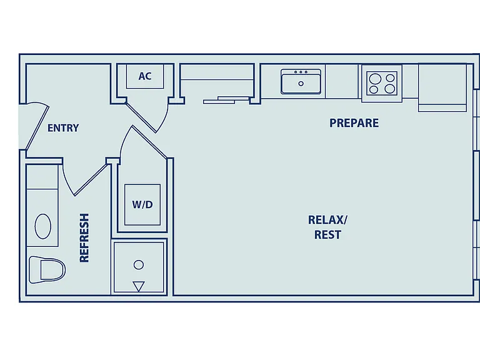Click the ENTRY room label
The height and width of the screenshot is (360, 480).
click(63, 127)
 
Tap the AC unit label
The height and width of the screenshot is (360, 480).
click(145, 76)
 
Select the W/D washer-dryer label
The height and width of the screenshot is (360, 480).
click(142, 204)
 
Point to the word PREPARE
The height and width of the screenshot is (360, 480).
click(354, 122)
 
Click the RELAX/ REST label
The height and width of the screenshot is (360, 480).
click(327, 227)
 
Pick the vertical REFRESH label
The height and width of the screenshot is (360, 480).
click(84, 238)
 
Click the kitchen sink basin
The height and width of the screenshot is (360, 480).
click(301, 81)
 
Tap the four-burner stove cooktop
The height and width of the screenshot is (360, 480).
click(382, 83)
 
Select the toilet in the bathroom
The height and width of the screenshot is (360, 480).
click(47, 270)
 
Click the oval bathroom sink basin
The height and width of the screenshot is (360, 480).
click(43, 226)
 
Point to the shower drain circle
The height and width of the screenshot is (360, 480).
click(139, 265)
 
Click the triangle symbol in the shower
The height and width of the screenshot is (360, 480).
click(139, 286)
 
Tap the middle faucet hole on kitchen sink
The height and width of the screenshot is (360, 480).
click(301, 72)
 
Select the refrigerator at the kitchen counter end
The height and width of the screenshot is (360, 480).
click(442, 87)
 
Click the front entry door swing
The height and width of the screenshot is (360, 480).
click(37, 126)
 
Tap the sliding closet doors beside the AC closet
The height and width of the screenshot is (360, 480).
click(226, 100)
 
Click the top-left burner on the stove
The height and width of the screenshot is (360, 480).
click(375, 79)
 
